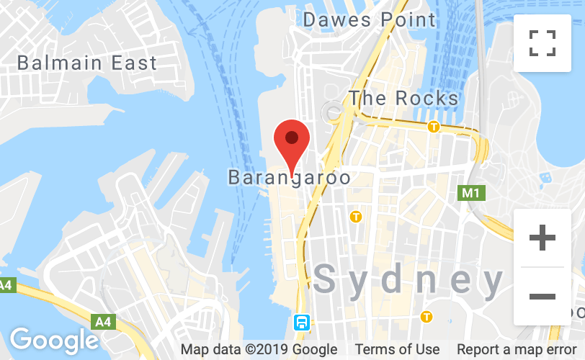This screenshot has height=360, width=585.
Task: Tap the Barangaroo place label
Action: coord(289,177)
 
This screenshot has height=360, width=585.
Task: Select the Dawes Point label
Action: coord(370,19)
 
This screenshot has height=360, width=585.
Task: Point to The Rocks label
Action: coord(403,98)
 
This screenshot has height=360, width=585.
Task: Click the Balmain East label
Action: coord(86,63)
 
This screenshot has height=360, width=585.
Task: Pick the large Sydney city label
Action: coord(408,279)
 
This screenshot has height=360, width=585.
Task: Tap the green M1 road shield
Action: coord(470,193)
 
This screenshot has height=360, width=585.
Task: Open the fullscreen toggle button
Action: coord(542,42)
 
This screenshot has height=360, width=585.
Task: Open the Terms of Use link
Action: coord(397,350)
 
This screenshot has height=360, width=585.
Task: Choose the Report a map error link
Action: coord(516,350)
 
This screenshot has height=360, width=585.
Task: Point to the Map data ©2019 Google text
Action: coord(259,350)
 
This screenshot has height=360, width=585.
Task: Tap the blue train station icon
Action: coord(301,322)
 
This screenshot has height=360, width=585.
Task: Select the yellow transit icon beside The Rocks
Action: coord(434,127)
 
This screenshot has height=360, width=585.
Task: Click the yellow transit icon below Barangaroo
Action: coord(355,216)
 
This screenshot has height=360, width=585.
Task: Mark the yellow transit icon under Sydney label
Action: coord(427,316)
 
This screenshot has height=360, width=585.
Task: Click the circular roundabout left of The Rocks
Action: coord(333,112)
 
